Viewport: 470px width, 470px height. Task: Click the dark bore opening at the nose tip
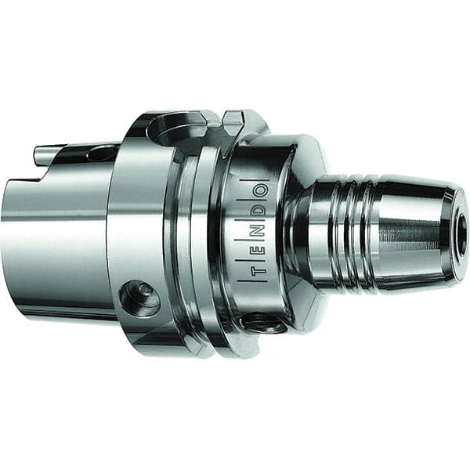(x=462, y=235)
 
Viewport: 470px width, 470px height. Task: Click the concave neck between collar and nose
(x=302, y=235)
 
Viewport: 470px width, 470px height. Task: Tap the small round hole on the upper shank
(x=100, y=154)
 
